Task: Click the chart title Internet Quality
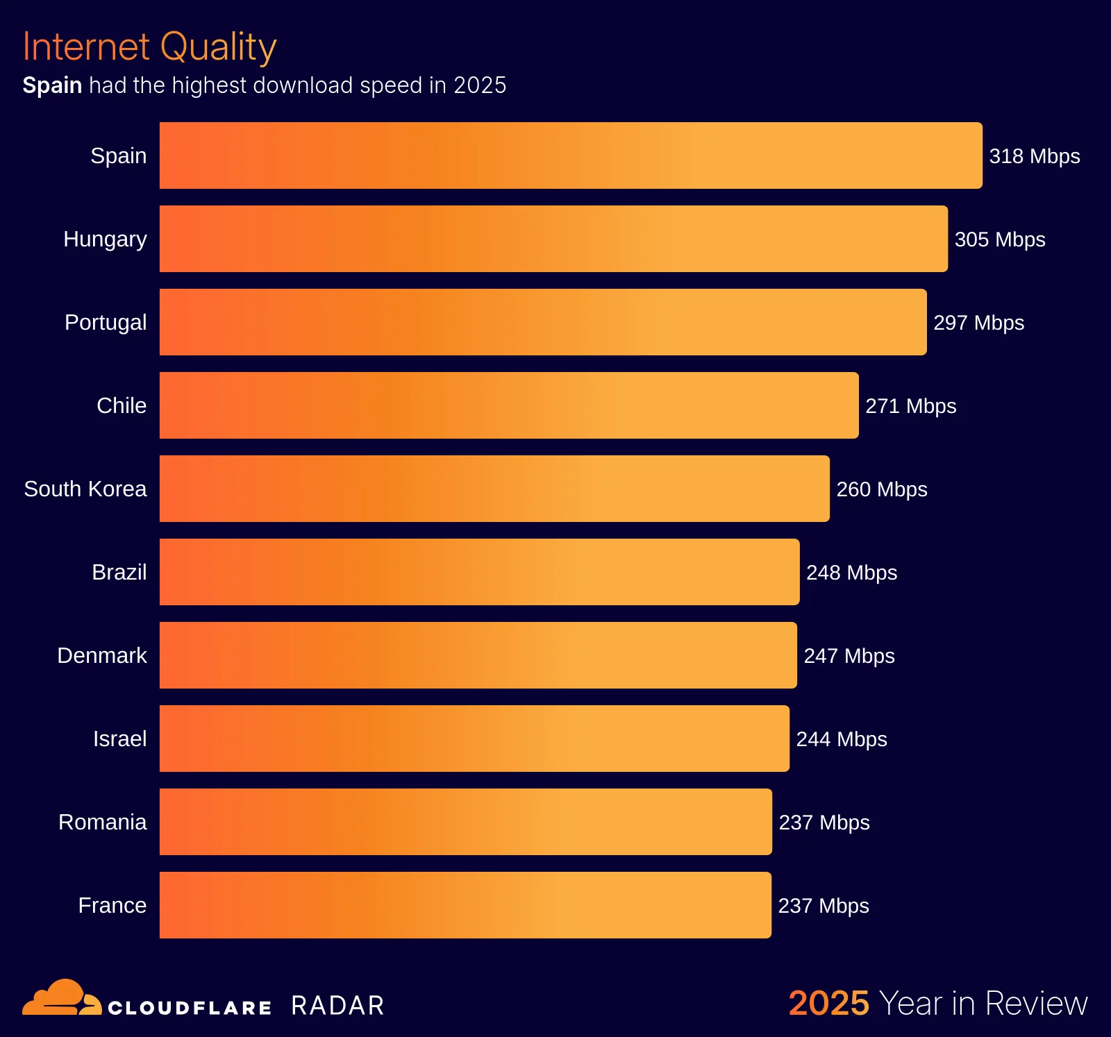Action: coord(149,47)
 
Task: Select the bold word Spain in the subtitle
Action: coord(52,85)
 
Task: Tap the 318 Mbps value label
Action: coord(1034,156)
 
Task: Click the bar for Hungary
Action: coord(553,239)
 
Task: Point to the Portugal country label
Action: coord(106,322)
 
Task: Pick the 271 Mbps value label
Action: coord(910,406)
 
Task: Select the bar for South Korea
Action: coord(494,489)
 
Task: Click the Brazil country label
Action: coord(119,572)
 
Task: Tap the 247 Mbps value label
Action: coord(849,656)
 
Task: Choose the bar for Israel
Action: coord(474,739)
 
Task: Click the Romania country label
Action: coord(102,822)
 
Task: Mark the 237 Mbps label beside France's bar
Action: coord(823,906)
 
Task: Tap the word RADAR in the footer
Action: coord(337,1006)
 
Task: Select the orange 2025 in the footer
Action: coord(828,1004)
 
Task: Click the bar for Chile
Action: coord(509,405)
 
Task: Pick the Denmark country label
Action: coord(101,655)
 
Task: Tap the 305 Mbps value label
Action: coord(999,239)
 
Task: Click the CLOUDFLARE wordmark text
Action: coord(190,1008)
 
